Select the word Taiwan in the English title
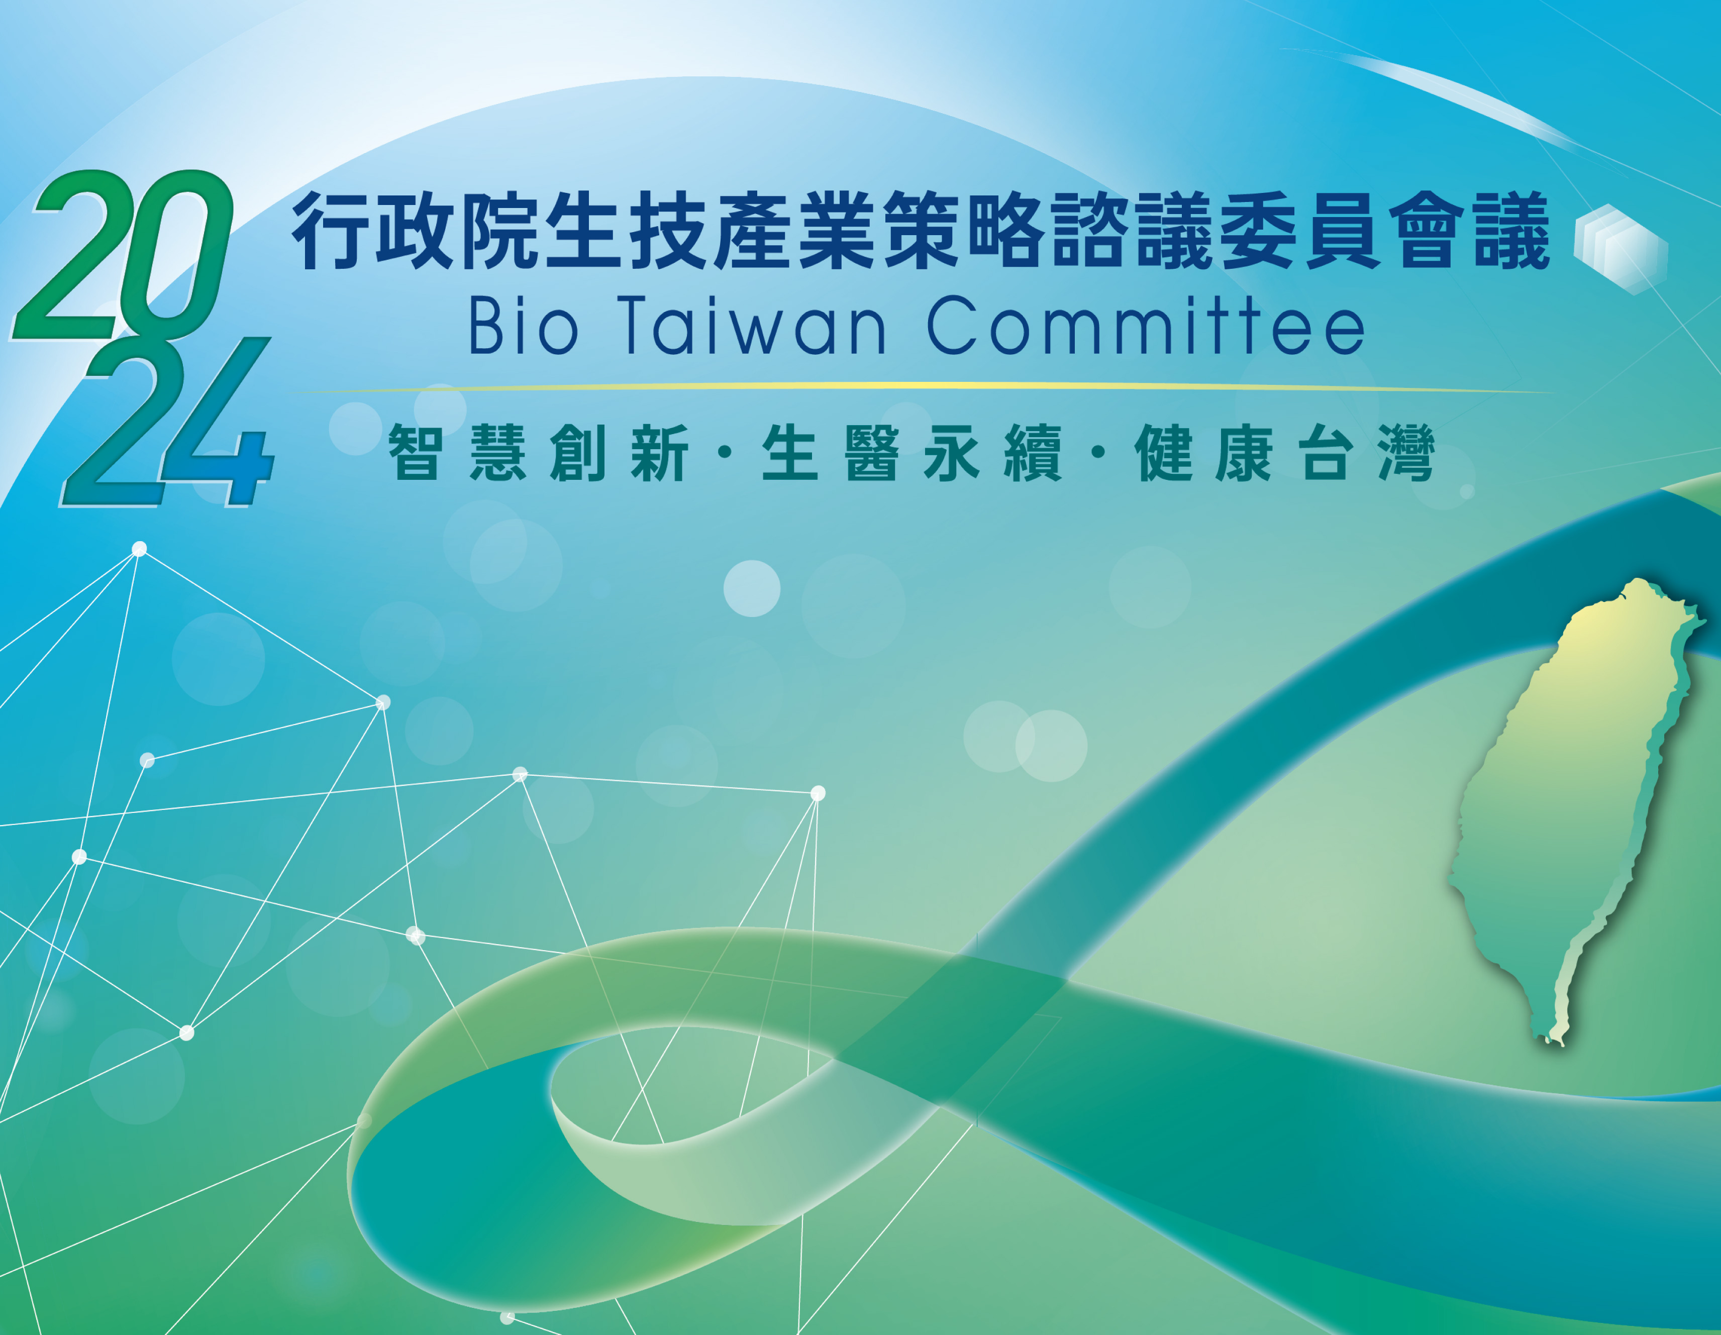coord(755,326)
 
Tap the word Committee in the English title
coord(1146,326)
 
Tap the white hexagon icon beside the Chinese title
coord(1620,249)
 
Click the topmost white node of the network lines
coord(140,549)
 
